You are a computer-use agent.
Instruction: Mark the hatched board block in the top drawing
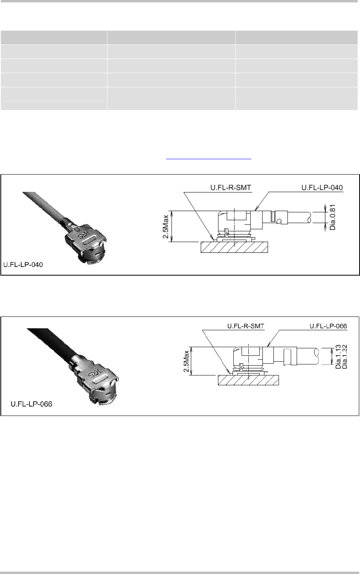click(234, 247)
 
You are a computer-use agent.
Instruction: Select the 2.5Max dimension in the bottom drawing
click(186, 361)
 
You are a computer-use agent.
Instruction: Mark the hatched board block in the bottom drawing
click(248, 380)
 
